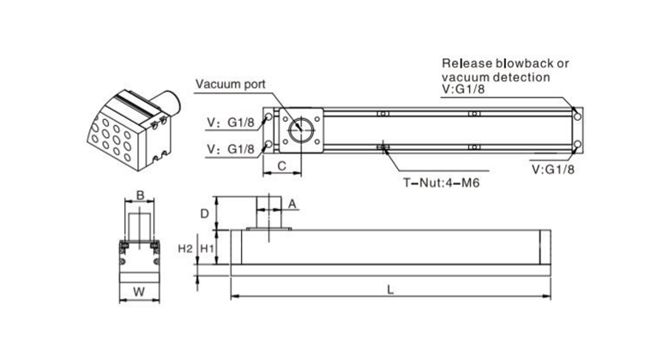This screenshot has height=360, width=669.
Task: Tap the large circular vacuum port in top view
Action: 300,130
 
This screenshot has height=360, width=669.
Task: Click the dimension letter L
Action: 390,290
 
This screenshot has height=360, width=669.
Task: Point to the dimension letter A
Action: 292,204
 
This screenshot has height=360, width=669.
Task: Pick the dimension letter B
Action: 140,195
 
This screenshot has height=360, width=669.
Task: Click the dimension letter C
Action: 280,168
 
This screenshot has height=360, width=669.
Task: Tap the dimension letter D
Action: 204,212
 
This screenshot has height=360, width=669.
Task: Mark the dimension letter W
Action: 137,291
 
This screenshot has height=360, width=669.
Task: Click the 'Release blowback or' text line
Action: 505,63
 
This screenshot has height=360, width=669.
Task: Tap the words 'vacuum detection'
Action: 495,77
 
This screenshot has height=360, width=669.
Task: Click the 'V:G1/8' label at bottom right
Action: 553,169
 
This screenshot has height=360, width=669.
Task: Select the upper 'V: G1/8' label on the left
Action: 229,122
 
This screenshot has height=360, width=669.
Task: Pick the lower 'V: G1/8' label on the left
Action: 229,148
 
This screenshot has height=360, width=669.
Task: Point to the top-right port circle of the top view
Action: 577,116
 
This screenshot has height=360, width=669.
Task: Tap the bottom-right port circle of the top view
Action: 577,144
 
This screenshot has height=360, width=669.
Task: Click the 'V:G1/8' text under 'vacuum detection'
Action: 463,90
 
